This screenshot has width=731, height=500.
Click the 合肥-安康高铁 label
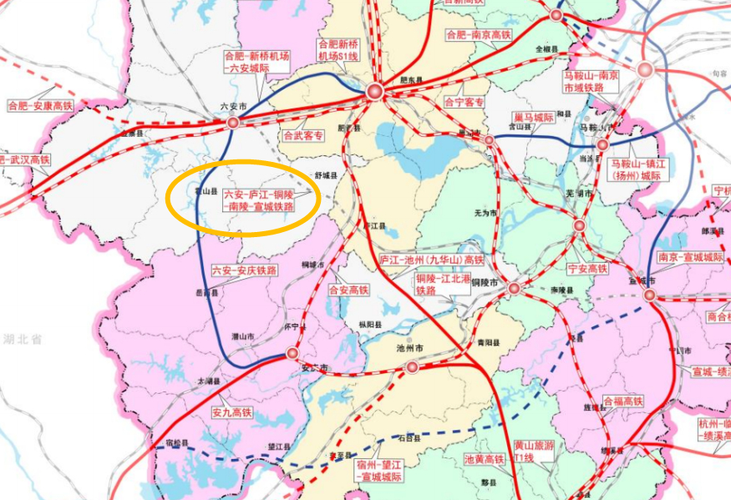click(40, 106)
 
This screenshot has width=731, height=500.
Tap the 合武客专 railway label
click(302, 134)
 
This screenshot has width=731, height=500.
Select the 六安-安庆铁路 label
click(244, 270)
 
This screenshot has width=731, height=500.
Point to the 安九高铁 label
click(231, 412)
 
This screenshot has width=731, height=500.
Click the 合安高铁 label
click(348, 290)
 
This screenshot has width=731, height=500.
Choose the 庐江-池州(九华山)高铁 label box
click(432, 260)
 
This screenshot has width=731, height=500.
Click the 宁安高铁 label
click(586, 269)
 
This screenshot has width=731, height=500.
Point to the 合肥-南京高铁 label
click(478, 35)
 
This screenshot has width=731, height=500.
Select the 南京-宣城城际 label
click(690, 258)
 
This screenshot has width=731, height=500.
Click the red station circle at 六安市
click(233, 122)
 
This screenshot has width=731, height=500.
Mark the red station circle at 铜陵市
click(514, 288)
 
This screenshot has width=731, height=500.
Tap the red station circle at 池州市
click(411, 367)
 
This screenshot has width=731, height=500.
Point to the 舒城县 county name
click(325, 176)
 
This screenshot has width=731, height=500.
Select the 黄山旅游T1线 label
click(534, 452)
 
